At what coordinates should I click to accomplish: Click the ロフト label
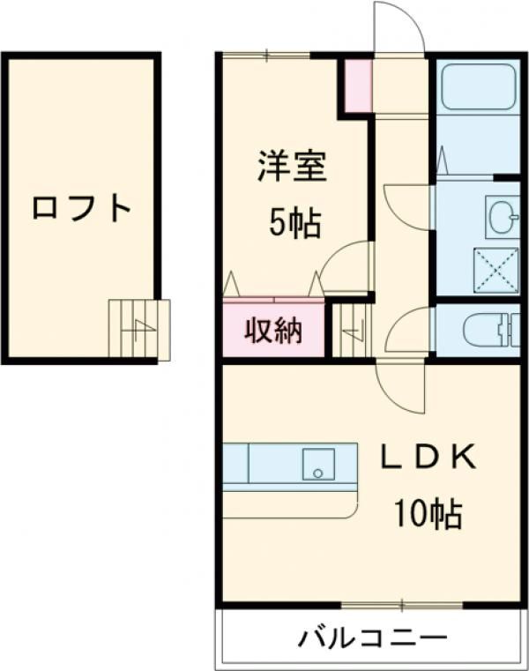tap(81, 209)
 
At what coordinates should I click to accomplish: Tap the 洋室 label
tap(292, 167)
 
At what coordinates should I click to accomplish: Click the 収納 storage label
tap(272, 332)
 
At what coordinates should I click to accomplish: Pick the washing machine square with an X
tap(495, 268)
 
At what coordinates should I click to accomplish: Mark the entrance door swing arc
tap(399, 26)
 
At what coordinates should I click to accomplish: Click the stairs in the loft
tap(138, 328)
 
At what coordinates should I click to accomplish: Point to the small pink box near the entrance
tap(358, 86)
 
